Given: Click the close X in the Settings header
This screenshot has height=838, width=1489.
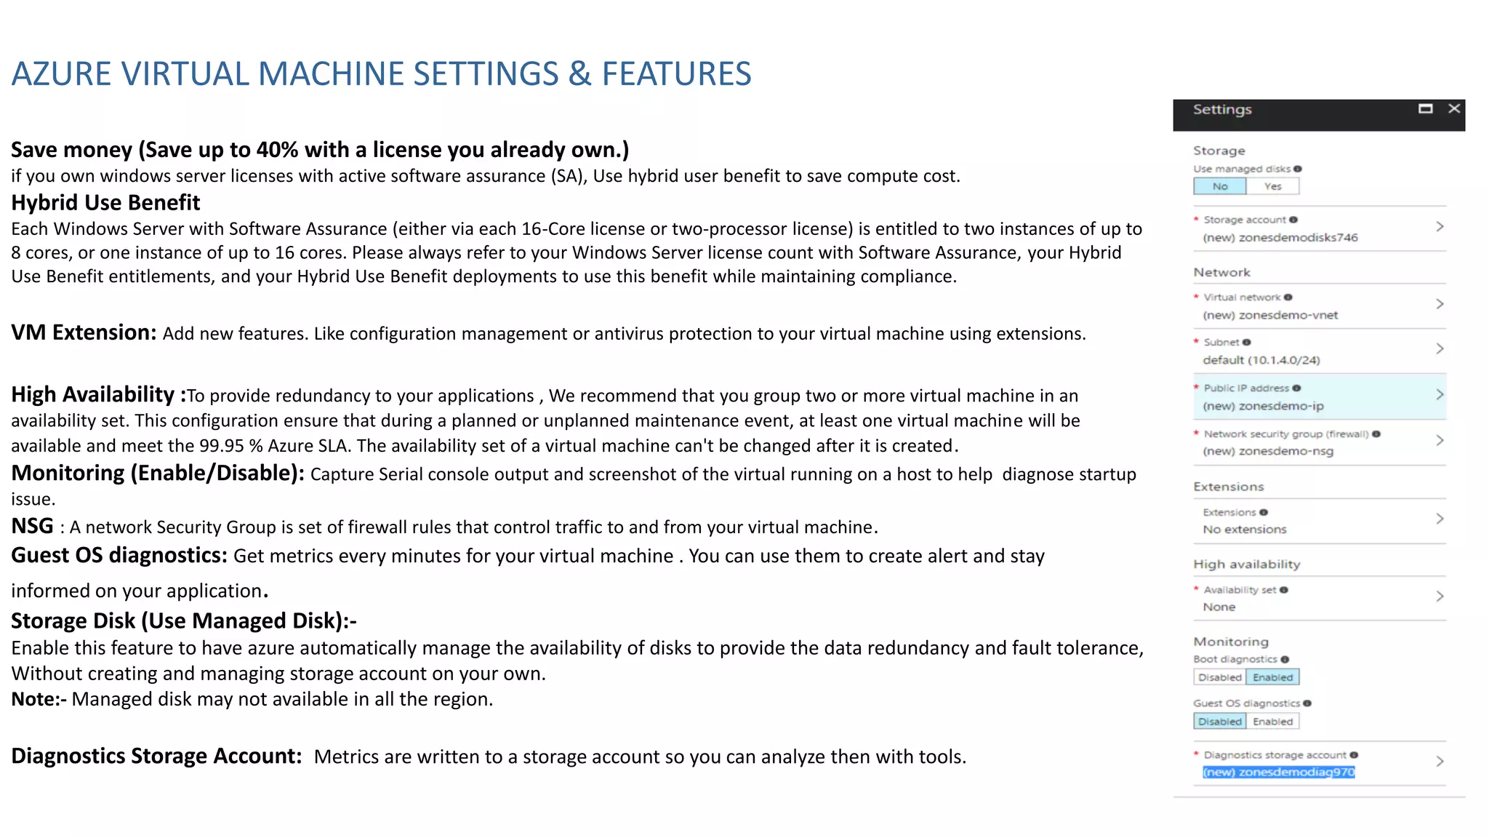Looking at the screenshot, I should coord(1454,108).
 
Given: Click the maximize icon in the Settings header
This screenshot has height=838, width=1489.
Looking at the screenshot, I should coord(1426,108).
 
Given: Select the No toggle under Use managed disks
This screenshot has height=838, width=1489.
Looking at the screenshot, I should coord(1220,186).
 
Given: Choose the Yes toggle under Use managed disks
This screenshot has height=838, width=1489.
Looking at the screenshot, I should coord(1272,186).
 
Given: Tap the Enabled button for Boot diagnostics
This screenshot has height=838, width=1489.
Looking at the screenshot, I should coord(1272,677).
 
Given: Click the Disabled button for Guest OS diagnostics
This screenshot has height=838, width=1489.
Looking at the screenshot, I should coord(1220,722).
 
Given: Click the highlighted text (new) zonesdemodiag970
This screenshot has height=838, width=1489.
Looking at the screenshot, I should coord(1278,772).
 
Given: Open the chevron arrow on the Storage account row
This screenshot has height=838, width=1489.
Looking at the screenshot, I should coord(1440,227).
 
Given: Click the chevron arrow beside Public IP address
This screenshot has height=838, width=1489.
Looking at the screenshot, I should coord(1440,394).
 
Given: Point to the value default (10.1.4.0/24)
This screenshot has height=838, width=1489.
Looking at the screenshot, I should coord(1261,360).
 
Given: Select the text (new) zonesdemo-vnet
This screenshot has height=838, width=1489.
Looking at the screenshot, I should coord(1269,315).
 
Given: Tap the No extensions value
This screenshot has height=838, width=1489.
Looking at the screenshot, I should coord(1244,530).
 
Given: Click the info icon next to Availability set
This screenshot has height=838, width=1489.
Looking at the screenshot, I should coord(1284,590).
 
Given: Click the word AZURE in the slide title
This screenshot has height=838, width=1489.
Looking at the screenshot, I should coord(61,74).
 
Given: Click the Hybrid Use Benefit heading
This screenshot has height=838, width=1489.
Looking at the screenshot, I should coord(105,203).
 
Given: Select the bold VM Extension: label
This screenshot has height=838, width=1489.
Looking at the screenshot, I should coord(84,332).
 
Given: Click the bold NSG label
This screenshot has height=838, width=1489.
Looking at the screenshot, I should coord(32,526).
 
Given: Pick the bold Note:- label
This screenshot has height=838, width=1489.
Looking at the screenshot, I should coord(39,699).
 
